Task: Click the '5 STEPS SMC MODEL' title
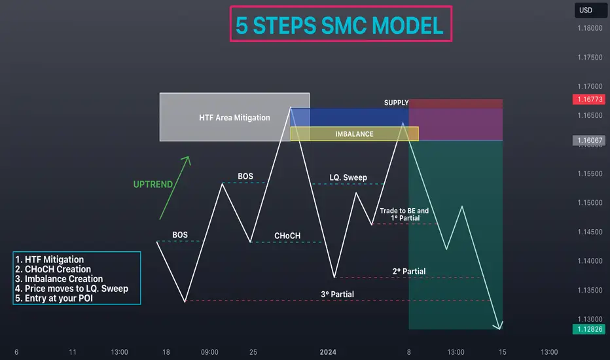click(x=339, y=26)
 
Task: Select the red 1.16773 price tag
click(x=590, y=99)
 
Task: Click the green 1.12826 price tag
click(x=590, y=329)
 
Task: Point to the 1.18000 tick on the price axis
click(x=590, y=28)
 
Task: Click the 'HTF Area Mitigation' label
click(x=234, y=118)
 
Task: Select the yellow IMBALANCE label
click(x=354, y=134)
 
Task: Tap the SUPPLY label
click(x=396, y=103)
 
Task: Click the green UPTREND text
click(x=153, y=185)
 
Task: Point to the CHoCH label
click(x=287, y=236)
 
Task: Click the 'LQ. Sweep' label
click(x=348, y=177)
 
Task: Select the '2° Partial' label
click(x=409, y=271)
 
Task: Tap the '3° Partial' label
click(x=337, y=295)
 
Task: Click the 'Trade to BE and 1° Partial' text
click(x=404, y=215)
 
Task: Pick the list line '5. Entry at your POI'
click(x=54, y=298)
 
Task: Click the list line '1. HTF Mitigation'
click(x=49, y=260)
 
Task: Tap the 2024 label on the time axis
click(x=328, y=352)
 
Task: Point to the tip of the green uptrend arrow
click(x=188, y=156)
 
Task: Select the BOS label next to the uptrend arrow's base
click(x=180, y=235)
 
